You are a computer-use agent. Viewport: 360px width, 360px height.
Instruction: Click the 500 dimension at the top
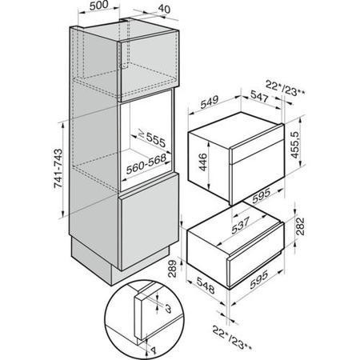98,6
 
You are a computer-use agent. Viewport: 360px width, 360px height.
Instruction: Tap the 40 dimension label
164,10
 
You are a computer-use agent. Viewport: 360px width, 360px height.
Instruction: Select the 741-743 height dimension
58,169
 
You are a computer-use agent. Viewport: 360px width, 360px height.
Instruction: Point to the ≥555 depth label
152,138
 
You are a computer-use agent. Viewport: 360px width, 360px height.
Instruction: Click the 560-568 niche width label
146,165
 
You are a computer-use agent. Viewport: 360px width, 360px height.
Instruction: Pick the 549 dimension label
210,102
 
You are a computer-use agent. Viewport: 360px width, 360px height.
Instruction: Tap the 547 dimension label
259,96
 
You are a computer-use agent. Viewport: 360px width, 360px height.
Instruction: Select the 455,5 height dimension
295,145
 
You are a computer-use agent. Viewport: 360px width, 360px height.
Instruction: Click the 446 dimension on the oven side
202,162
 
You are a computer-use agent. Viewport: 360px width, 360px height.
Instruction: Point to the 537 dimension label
241,226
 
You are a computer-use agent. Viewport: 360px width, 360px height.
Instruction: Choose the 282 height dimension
300,226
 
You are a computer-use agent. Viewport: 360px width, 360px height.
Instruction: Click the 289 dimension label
173,269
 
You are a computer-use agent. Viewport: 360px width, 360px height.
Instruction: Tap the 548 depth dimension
206,286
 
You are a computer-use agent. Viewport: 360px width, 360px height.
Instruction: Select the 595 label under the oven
262,195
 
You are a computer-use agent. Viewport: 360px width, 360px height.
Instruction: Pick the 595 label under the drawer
259,280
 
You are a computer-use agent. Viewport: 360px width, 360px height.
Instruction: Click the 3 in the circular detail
168,309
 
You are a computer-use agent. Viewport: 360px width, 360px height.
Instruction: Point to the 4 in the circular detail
154,350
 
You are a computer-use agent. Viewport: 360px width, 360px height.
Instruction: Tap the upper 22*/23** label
286,88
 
